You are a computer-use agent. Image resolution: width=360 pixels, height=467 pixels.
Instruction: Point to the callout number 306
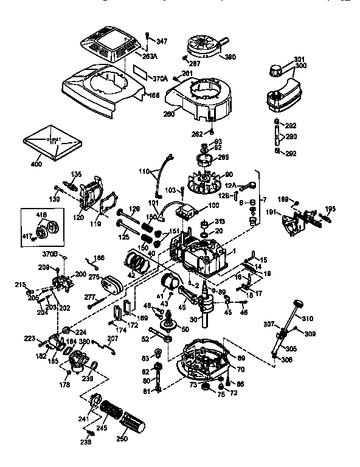(287, 360)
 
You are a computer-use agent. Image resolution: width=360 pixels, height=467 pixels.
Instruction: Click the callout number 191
(271, 212)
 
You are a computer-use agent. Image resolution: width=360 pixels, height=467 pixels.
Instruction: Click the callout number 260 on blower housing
(168, 114)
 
